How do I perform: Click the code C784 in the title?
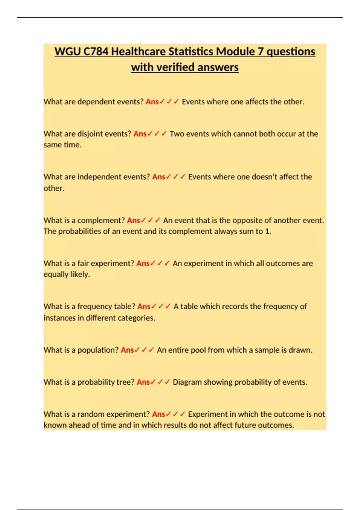coord(96,52)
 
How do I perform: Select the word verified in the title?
coord(175,67)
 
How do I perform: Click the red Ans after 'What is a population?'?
coord(127,350)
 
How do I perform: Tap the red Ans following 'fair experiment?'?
coord(143,263)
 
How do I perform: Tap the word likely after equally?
coord(80,274)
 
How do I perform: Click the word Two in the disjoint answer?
coord(177,134)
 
